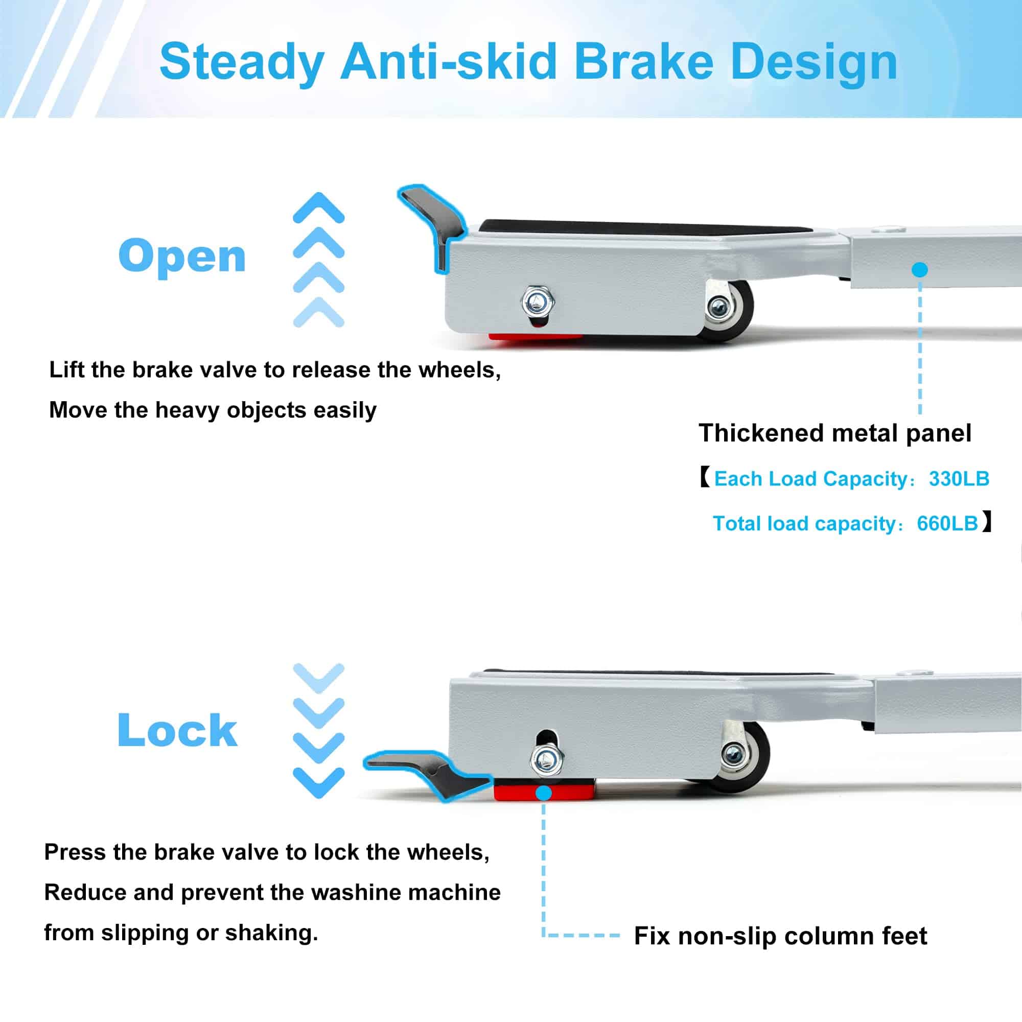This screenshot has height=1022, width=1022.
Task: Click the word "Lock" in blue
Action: tap(177, 730)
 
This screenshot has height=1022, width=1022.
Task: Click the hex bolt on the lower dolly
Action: tap(547, 760)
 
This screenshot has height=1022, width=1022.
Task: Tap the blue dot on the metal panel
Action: tap(920, 270)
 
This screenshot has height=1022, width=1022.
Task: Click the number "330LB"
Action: tap(959, 479)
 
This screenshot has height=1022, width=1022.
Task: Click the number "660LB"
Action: tap(947, 523)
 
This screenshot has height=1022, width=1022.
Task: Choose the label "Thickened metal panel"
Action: tap(835, 433)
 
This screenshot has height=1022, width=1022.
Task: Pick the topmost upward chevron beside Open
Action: tap(319, 207)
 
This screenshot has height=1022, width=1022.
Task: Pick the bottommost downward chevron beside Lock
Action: tap(319, 782)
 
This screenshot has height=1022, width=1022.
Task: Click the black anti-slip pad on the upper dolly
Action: tap(645, 229)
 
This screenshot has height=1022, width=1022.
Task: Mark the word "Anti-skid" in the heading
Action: tap(449, 62)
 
